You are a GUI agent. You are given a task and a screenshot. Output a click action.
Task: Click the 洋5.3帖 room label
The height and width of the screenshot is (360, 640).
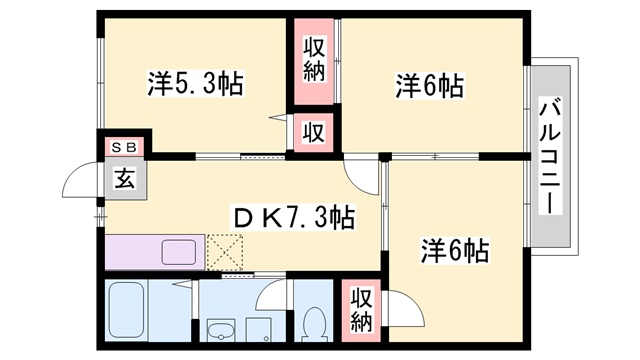(196, 85)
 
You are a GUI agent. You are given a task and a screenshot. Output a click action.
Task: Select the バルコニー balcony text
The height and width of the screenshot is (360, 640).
(550, 154)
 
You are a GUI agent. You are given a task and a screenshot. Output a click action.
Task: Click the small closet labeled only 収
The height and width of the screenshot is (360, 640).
(313, 130)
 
